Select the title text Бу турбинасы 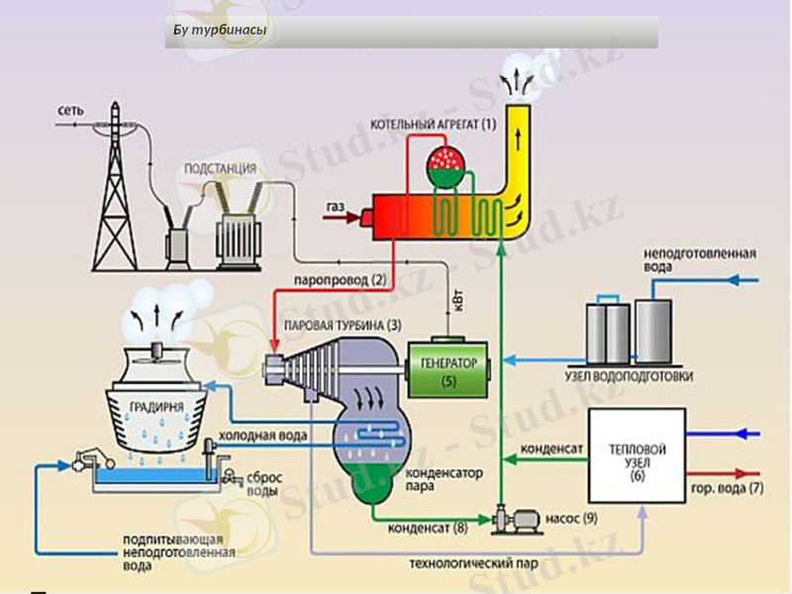tap(218, 31)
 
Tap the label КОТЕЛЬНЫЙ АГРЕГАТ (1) tap(433, 125)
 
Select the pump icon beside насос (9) tap(514, 516)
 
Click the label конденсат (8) tap(427, 527)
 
